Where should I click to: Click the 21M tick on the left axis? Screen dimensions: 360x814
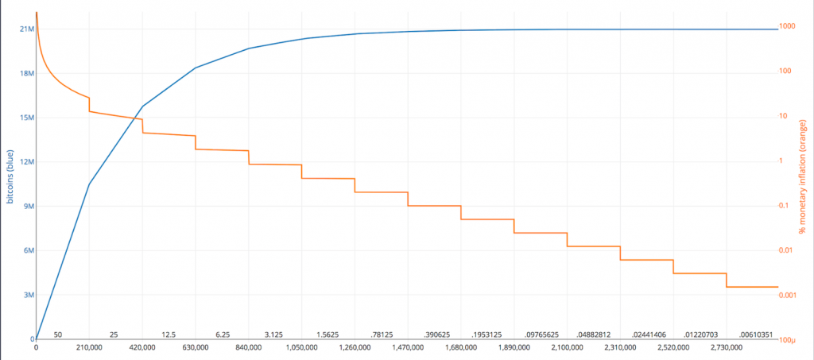tap(26, 29)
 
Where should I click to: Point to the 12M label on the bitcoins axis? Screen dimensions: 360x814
tap(26, 162)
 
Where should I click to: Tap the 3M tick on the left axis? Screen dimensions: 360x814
tap(28, 295)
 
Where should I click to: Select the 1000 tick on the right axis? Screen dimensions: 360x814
tap(787, 26)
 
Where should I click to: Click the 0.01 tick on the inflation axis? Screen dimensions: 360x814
tap(787, 250)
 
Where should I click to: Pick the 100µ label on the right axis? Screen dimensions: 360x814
tap(788, 340)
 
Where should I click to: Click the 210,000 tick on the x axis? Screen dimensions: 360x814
tap(89, 347)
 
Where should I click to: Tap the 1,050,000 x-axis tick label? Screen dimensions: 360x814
tap(301, 347)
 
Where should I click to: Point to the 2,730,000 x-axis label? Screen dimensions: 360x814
tap(726, 347)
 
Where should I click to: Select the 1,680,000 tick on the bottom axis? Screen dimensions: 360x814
tap(460, 347)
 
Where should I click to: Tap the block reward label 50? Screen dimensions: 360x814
tap(58, 335)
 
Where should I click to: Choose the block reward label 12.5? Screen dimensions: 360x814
tap(168, 335)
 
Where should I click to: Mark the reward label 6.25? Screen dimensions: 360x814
tap(222, 335)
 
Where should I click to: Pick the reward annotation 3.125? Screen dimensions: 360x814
tap(274, 335)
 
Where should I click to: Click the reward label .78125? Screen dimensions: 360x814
tap(382, 335)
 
